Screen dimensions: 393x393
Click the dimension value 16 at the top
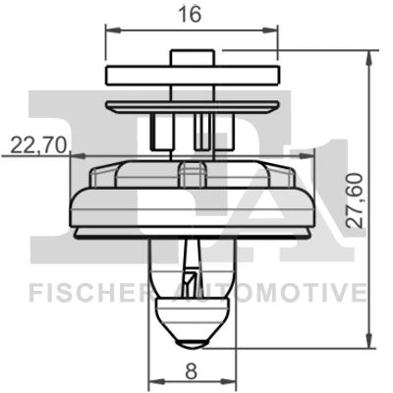(190, 14)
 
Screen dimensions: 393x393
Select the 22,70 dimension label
(38, 145)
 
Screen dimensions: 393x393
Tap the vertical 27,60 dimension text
(356, 200)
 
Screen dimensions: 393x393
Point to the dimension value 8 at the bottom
(192, 372)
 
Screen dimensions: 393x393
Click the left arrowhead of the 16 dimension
(113, 30)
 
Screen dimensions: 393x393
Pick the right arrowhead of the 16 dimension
(269, 30)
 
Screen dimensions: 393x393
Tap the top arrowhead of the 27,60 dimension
(369, 59)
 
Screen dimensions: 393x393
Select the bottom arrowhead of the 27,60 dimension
(369, 340)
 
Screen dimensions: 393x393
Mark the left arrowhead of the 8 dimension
(156, 382)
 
